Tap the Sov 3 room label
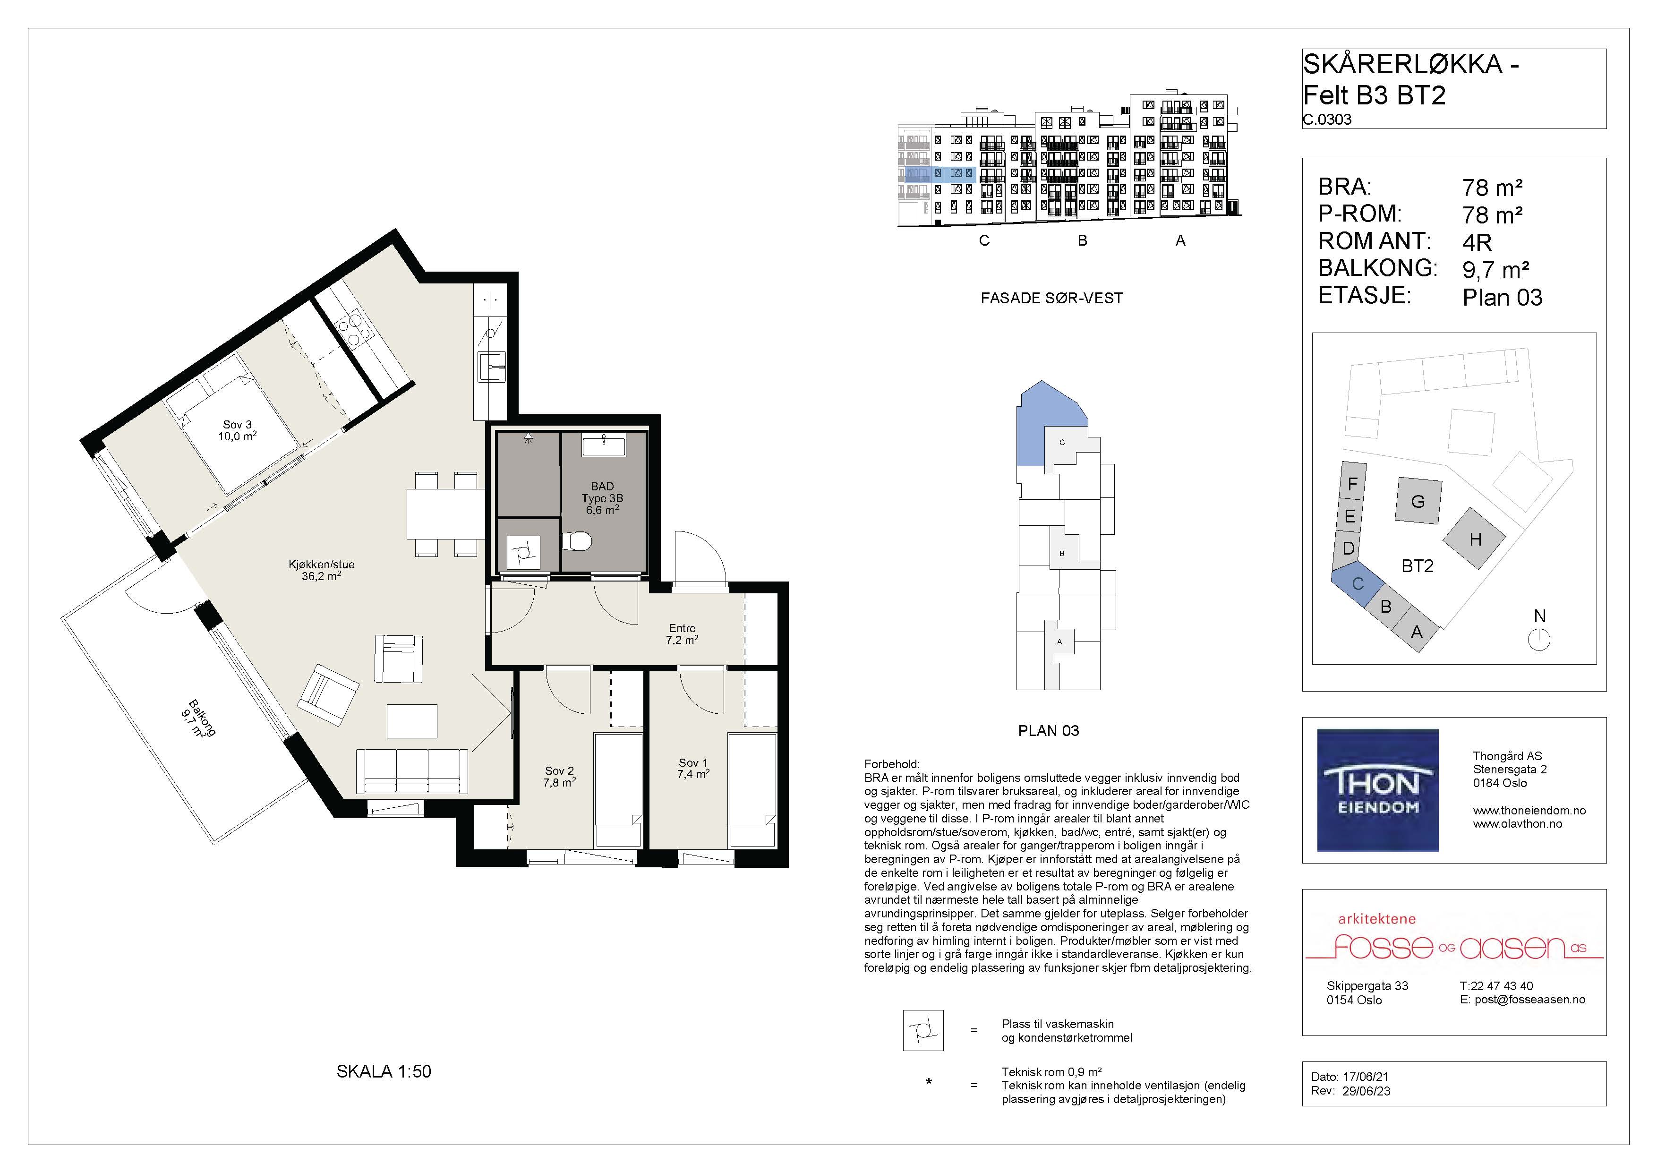pyautogui.click(x=238, y=431)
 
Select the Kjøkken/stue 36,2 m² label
pyautogui.click(x=321, y=570)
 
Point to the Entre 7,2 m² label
pyautogui.click(x=682, y=633)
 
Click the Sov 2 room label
pyautogui.click(x=559, y=777)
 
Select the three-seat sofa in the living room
pyautogui.click(x=412, y=771)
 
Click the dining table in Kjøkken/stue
pyautogui.click(x=445, y=514)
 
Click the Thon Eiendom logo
pyautogui.click(x=1378, y=790)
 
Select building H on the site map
pyautogui.click(x=1474, y=539)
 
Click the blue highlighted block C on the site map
pyautogui.click(x=1358, y=583)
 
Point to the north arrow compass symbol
pyautogui.click(x=1539, y=640)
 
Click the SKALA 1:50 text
pyautogui.click(x=384, y=1072)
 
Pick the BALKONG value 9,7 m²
pyautogui.click(x=1496, y=270)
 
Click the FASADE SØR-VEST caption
pyautogui.click(x=1051, y=298)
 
